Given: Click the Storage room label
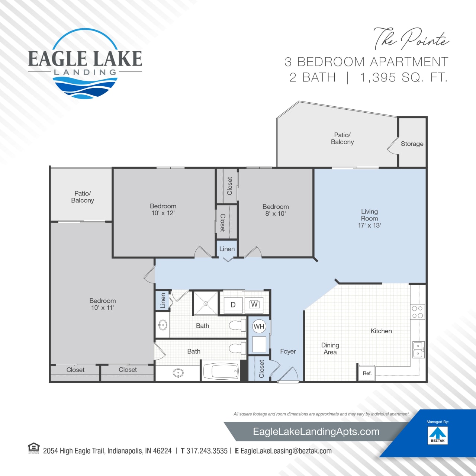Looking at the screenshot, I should click(x=412, y=144).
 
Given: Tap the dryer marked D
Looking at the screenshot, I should click(x=233, y=305).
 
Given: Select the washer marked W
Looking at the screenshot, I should click(x=254, y=305).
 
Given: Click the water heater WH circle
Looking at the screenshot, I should click(x=259, y=327).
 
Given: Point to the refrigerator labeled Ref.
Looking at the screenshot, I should click(x=367, y=373).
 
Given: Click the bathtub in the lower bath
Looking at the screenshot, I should click(x=220, y=371).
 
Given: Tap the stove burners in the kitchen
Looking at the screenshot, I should click(x=417, y=312).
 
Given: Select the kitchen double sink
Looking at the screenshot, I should click(x=418, y=350).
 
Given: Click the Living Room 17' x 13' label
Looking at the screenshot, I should click(x=369, y=218).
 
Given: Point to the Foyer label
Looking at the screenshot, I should click(x=288, y=351).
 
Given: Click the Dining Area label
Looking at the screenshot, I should click(x=330, y=349).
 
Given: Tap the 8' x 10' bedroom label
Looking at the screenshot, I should click(x=276, y=210).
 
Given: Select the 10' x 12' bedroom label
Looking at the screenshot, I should click(x=163, y=209).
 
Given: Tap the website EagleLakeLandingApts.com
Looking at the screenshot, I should click(x=316, y=432).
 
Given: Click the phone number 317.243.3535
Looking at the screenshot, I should click(x=207, y=451).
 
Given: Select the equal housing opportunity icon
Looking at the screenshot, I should click(x=34, y=448).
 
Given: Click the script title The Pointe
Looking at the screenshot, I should click(x=411, y=39).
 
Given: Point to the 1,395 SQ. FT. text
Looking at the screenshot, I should click(x=403, y=77).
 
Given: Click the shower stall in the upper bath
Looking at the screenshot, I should click(x=205, y=303).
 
